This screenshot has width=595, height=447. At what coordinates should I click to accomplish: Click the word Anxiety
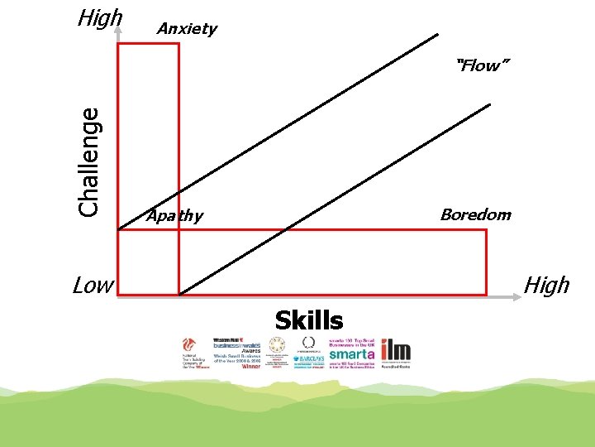click(x=187, y=29)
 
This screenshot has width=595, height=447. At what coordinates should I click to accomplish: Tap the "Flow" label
click(x=478, y=65)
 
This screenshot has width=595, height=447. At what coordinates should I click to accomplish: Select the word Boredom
click(x=475, y=215)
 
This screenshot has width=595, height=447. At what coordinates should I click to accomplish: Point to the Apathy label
click(x=174, y=216)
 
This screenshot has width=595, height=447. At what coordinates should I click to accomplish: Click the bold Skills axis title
click(x=309, y=320)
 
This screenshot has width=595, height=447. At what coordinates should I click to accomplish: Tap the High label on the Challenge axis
click(x=99, y=17)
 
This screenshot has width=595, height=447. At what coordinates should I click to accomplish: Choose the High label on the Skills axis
click(x=547, y=286)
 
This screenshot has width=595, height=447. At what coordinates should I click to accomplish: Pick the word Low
click(x=93, y=286)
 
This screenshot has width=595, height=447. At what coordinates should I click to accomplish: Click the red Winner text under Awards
click(x=250, y=366)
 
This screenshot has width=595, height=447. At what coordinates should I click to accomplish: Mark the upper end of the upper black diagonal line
click(x=438, y=35)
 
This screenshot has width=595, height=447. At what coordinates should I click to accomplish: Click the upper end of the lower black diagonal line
click(x=489, y=104)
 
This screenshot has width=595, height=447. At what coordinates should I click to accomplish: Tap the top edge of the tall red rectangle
click(x=149, y=44)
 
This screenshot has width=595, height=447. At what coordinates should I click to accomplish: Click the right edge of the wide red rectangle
click(x=486, y=262)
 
